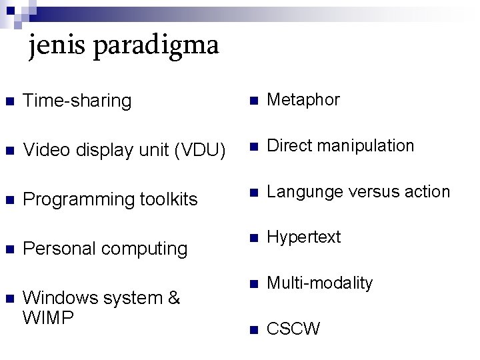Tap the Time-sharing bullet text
click(77, 101)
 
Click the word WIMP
click(48, 318)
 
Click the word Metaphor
click(303, 100)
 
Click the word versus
click(366, 192)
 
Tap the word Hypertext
click(304, 237)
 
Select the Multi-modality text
click(320, 283)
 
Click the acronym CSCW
click(293, 329)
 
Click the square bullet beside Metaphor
click(253, 101)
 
